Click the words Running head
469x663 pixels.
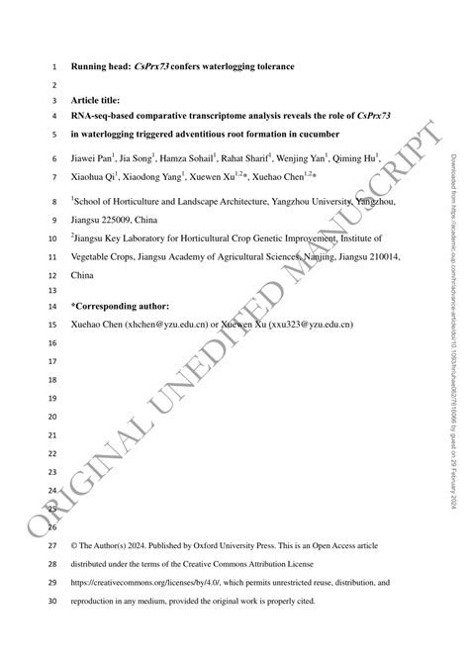102,67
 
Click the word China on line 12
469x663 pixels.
84,274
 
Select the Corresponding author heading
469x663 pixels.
121,307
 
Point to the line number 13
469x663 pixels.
51,290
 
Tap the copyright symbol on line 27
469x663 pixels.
75,545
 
